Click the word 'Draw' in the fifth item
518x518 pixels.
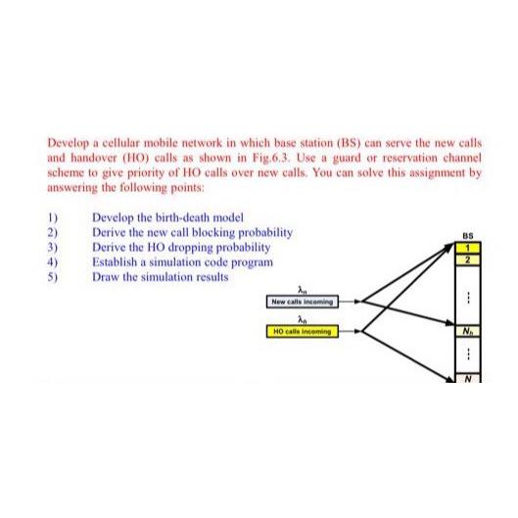[105, 276]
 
